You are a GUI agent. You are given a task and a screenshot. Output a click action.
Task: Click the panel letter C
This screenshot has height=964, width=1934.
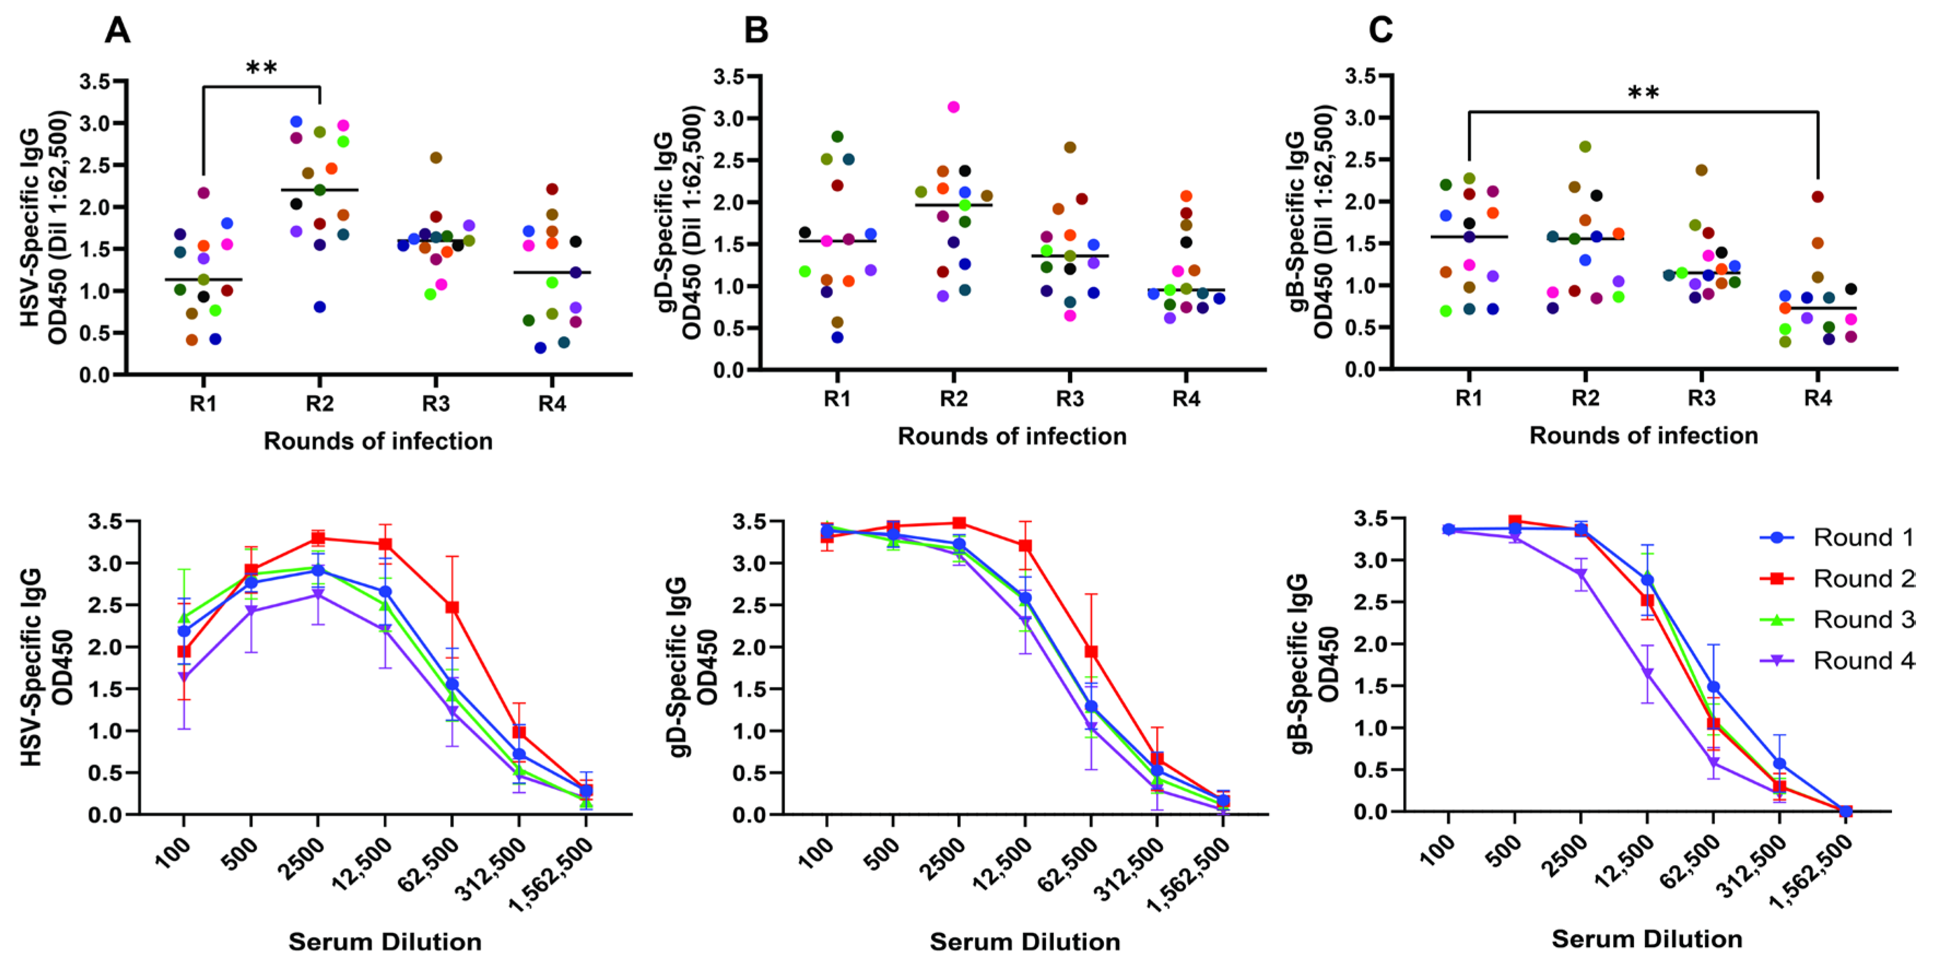[1380, 31]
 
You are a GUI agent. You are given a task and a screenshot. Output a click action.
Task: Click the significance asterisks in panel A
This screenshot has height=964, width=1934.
[261, 69]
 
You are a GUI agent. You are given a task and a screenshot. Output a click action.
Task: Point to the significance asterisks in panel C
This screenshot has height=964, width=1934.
[1643, 95]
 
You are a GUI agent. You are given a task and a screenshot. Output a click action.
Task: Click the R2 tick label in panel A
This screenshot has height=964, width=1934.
[319, 404]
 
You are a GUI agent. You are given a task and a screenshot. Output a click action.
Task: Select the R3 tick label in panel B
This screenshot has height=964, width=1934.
[1070, 399]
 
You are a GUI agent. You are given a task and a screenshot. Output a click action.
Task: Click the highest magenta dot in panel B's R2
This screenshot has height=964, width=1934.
[954, 107]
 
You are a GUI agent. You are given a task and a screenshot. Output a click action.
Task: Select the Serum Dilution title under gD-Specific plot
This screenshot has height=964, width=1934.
[1025, 942]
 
